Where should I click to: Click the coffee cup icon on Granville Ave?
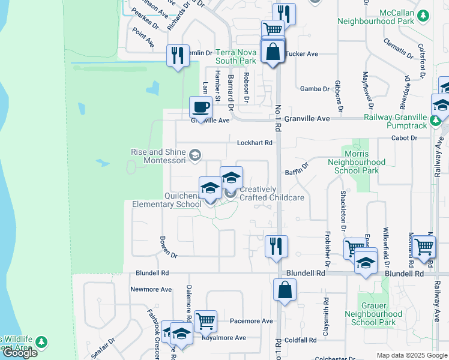coord(200,107)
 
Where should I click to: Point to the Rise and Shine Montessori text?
coord(160,156)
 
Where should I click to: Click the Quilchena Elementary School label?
coord(167,199)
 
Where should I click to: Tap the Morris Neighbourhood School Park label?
coord(357,166)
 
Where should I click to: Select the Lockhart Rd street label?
coord(255,143)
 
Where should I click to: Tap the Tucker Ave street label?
coord(301,53)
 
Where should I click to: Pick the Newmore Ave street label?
coord(151,289)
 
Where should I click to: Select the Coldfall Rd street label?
coord(301,340)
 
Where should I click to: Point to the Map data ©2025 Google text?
coord(412,355)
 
